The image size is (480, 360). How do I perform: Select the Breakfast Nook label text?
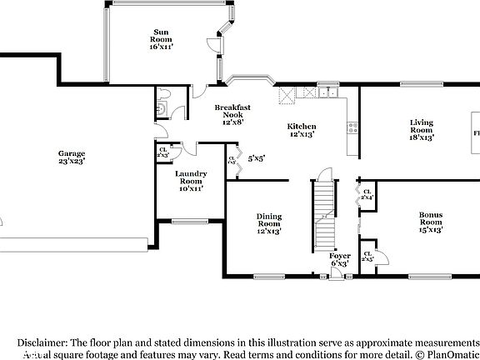232,114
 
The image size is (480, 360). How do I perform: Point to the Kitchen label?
302,130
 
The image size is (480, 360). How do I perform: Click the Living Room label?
421,130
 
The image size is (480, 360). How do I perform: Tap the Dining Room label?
268,223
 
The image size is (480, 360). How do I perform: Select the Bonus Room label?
430,222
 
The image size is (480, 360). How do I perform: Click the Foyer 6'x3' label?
340,259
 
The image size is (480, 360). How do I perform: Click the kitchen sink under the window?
327,92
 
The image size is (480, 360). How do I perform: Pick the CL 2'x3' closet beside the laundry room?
163,152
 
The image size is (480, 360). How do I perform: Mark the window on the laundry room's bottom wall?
189,222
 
